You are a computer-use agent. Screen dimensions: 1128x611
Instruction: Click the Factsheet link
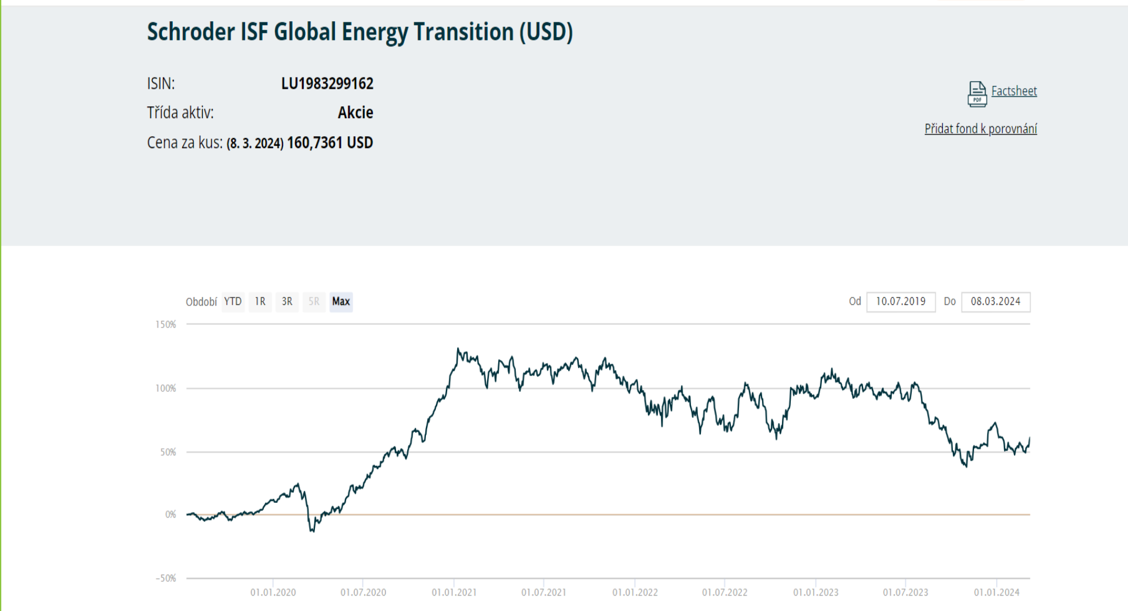[1014, 91]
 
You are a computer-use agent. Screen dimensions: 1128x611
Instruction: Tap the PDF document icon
[977, 94]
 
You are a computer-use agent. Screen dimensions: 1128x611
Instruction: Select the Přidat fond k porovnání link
[981, 129]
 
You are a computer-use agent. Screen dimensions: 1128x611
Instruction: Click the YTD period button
[233, 302]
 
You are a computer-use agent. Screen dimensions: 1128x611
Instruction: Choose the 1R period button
[260, 302]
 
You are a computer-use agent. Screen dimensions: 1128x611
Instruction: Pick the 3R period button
[287, 302]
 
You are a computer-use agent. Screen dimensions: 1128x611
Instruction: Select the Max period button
[341, 302]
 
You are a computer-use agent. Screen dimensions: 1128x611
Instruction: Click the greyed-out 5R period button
[314, 302]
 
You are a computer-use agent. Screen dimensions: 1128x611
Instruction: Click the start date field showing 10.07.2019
[901, 302]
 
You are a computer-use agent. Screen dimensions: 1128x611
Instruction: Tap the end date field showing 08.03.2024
[996, 302]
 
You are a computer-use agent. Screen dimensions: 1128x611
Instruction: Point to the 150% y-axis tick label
[166, 324]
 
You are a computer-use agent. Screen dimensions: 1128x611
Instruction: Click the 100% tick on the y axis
[166, 388]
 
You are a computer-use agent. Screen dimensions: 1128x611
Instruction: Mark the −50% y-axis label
[166, 578]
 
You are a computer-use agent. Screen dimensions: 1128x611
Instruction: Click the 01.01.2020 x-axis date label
[273, 592]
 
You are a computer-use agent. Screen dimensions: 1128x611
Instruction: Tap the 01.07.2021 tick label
[543, 592]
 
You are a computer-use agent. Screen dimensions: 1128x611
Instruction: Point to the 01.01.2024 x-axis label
[996, 592]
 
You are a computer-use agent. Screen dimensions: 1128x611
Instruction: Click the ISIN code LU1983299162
[327, 83]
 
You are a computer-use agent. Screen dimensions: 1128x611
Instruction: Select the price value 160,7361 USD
[330, 143]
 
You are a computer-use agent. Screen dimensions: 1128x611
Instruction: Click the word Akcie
[355, 113]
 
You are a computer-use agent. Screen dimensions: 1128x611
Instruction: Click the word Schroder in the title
[191, 32]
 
